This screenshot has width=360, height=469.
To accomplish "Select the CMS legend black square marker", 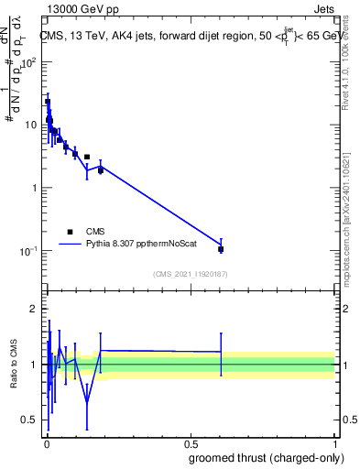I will coord(70,232).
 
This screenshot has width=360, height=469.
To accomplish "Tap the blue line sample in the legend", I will coord(70,245).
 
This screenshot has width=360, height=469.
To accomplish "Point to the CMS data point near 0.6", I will coord(221,249).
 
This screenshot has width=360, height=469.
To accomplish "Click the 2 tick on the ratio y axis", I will coord(35,309).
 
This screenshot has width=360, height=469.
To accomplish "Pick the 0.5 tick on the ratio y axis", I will coord(31,420).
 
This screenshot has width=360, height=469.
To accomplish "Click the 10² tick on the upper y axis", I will coord(30,62).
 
